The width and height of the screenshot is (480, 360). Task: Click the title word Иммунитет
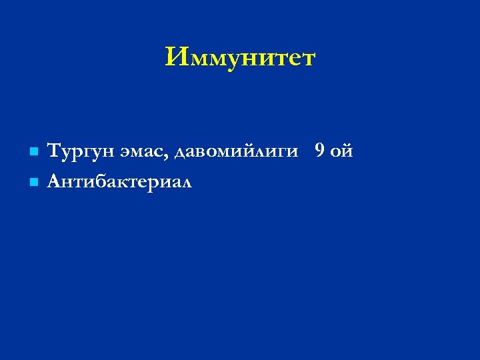[240, 58]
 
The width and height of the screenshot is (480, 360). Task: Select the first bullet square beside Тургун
[31, 153]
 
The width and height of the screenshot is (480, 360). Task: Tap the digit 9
[320, 151]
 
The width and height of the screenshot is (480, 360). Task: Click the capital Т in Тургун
[55, 151]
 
